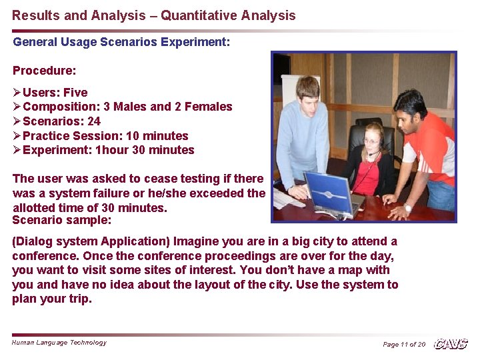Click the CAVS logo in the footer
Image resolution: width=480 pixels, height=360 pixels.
(451, 344)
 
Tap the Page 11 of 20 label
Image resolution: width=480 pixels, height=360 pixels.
(403, 344)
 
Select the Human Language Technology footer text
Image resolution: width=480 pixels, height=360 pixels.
(59, 343)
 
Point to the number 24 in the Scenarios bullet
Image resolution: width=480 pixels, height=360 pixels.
(94, 121)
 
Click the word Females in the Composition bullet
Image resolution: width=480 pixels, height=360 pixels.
(208, 107)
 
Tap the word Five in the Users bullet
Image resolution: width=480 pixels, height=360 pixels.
(75, 93)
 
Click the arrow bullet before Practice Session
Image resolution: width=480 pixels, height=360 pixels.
(17, 136)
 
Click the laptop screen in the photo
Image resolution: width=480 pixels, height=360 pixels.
(329, 192)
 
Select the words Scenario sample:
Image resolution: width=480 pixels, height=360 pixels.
(62, 220)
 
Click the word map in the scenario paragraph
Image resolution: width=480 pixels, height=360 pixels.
(345, 270)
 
